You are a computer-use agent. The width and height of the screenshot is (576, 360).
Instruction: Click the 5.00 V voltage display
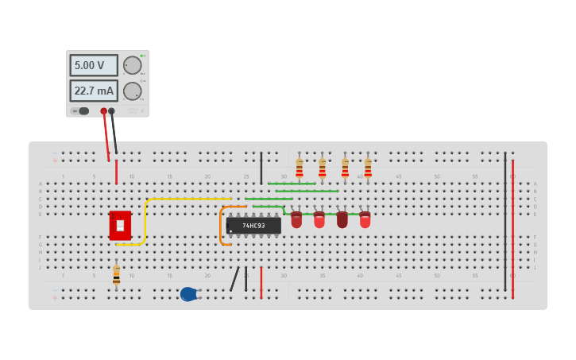[x=94, y=65]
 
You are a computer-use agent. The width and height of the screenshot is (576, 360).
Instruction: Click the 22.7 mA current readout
[x=94, y=91]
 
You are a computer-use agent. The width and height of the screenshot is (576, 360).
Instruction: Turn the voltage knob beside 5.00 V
[x=132, y=65]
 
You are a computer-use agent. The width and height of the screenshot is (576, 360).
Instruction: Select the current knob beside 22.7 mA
[x=132, y=91]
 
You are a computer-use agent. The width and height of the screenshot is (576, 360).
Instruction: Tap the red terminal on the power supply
[x=103, y=111]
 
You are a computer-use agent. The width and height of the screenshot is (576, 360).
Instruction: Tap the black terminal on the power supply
[x=111, y=111]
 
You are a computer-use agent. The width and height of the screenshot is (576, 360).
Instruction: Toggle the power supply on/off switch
[x=82, y=111]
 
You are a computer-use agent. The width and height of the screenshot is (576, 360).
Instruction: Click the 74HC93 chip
[x=253, y=226]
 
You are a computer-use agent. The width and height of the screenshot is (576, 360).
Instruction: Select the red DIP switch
[x=120, y=225]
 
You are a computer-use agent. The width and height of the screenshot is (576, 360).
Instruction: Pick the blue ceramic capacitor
[x=188, y=294]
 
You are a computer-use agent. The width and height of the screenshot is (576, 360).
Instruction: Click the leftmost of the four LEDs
[x=296, y=219]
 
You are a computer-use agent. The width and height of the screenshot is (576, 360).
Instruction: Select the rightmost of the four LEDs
[x=365, y=219]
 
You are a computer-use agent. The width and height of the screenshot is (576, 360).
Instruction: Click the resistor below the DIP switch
[x=116, y=275]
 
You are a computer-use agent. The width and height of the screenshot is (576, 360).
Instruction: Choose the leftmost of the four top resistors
[x=300, y=168]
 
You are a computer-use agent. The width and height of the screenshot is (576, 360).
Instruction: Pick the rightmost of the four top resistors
[x=368, y=168]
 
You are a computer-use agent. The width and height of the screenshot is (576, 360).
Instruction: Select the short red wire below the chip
[x=261, y=282]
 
